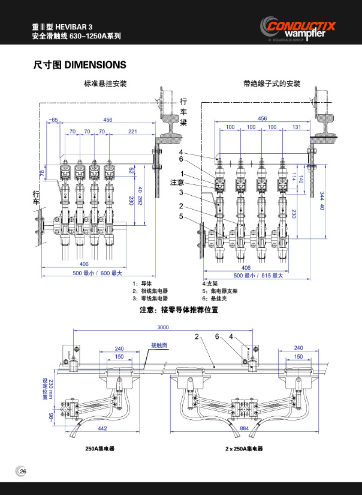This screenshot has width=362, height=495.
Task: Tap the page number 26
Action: click(x=22, y=470)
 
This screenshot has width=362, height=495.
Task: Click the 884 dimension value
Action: click(x=245, y=428)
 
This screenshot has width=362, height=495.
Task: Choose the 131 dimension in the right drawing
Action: click(x=295, y=127)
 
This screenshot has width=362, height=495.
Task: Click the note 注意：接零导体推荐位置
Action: click(x=178, y=311)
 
